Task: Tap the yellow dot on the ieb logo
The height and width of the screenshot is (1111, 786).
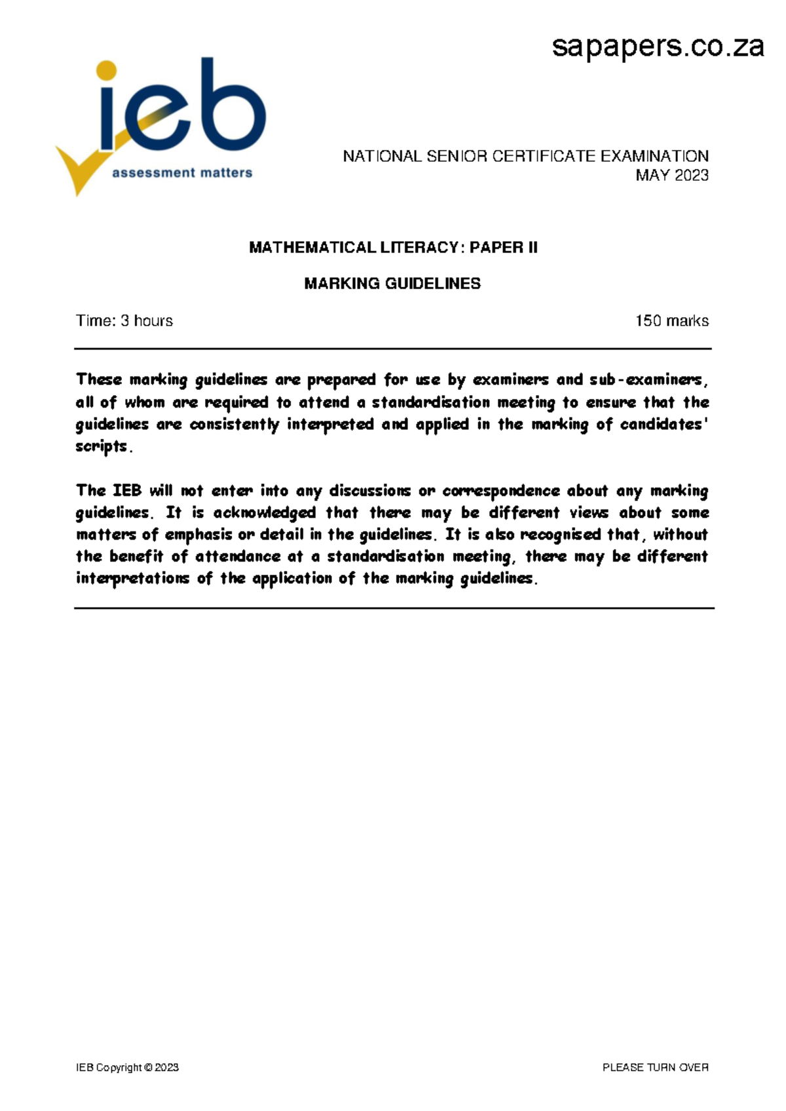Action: [106, 71]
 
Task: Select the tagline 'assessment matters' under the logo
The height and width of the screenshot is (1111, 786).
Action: [182, 173]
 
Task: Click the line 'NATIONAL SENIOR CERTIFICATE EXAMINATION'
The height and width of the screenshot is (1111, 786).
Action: [525, 157]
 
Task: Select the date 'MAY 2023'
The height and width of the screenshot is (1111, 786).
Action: [672, 176]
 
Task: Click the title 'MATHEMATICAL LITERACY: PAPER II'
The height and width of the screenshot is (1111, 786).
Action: [393, 248]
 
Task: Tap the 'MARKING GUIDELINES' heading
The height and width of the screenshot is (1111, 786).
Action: [392, 284]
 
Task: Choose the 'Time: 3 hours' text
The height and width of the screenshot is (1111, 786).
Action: [124, 321]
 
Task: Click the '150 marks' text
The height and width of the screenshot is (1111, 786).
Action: [672, 321]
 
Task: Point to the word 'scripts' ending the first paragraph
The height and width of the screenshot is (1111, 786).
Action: [102, 447]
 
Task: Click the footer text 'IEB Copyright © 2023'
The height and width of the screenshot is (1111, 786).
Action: [127, 1068]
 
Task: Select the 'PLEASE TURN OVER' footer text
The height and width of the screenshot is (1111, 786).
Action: [655, 1068]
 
